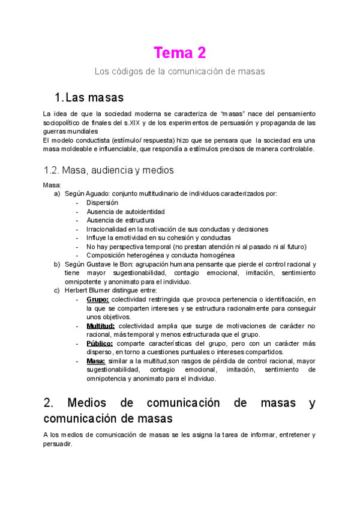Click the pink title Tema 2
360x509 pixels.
180,53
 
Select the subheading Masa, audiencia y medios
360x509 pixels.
109,170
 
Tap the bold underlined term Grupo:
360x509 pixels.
97,299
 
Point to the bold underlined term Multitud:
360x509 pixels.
100,326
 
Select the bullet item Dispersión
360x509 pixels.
102,203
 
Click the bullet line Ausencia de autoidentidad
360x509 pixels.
125,211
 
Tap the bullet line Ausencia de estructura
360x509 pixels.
120,220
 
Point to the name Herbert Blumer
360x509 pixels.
88,291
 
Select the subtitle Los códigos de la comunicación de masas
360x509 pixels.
180,71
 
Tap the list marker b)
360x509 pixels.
57,264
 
